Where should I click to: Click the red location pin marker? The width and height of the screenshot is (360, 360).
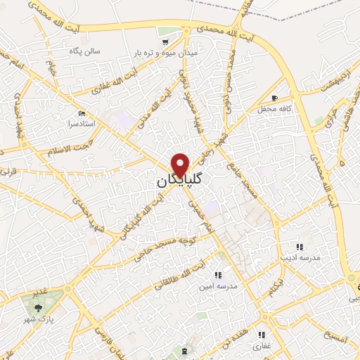tap(180, 163)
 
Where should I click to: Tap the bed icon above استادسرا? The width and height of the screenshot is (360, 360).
tap(83, 113)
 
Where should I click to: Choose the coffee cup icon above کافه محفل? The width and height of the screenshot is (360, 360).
tap(275, 98)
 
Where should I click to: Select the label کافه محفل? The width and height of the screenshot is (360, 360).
tap(275, 109)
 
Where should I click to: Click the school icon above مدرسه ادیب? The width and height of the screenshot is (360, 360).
tap(298, 247)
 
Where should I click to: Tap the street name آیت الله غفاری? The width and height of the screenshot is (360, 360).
tap(108, 84)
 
